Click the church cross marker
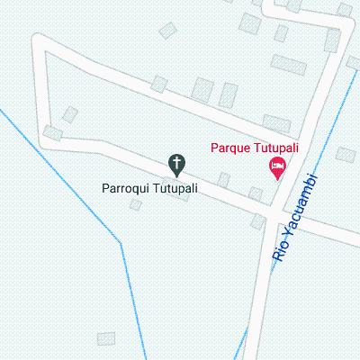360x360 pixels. [x=177, y=165]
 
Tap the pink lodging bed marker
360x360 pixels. [x=277, y=166]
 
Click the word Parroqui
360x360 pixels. [x=130, y=190]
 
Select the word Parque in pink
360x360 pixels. [x=230, y=148]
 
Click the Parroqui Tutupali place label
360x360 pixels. [x=149, y=190]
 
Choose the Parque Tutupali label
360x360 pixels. [x=255, y=148]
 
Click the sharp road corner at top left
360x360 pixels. [x=39, y=42]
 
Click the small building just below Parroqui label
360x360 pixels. [x=136, y=204]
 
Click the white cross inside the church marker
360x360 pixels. [x=177, y=163]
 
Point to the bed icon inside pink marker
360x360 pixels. [x=277, y=166]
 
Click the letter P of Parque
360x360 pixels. [x=214, y=148]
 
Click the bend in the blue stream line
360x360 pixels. [x=121, y=242]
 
